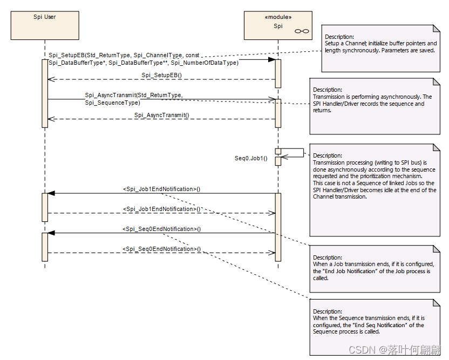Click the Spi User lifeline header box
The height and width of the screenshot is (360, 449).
(x=44, y=25)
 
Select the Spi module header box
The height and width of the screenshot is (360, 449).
(x=278, y=25)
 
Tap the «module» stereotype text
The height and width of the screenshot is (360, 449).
(x=278, y=17)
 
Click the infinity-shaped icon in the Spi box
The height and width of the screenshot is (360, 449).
(x=301, y=32)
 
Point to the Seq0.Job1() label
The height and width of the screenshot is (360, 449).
(x=251, y=158)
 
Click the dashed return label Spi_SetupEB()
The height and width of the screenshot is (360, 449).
(x=162, y=75)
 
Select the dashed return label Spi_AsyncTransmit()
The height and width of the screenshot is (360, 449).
(x=162, y=115)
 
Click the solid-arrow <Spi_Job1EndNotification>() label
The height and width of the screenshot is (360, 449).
(x=162, y=189)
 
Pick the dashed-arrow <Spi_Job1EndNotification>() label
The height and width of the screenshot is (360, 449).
(x=162, y=209)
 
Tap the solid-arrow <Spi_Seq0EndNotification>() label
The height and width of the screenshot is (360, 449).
(x=162, y=229)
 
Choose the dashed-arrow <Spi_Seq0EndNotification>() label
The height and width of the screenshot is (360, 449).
(x=162, y=249)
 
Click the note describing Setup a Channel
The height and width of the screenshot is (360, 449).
(x=381, y=49)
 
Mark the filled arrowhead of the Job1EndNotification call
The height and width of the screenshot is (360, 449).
(x=51, y=193)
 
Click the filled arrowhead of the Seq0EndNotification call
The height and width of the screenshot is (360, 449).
(x=51, y=233)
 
